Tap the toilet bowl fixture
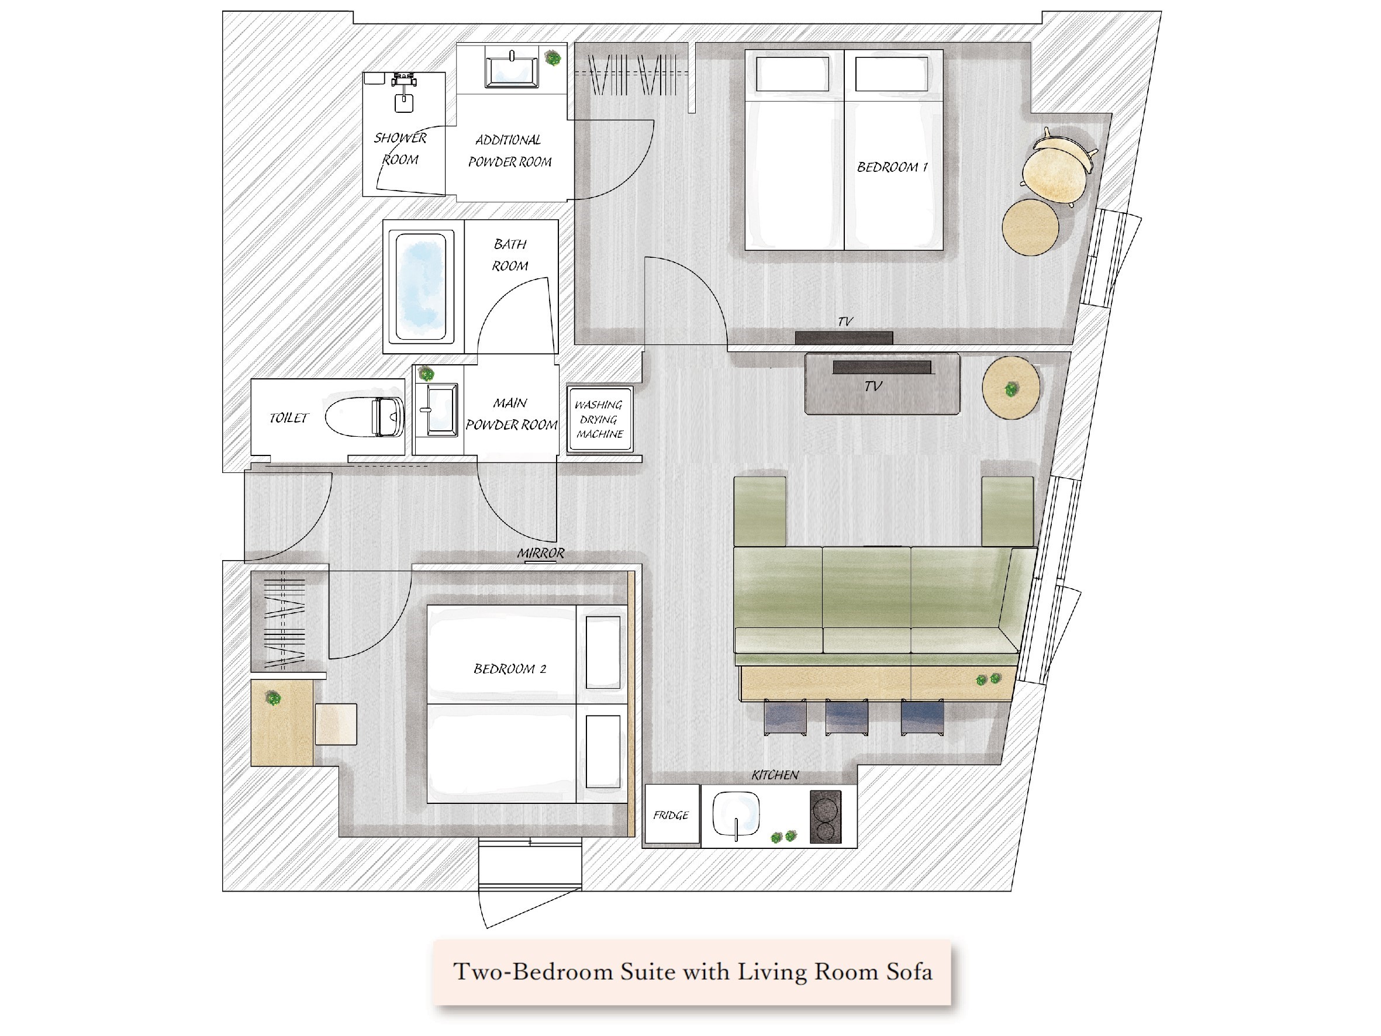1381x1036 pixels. pos(365,416)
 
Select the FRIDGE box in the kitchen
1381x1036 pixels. pos(671,815)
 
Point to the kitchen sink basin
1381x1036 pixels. pos(736,814)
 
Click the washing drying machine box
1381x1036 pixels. pos(600,419)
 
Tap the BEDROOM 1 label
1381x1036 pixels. pos(892,167)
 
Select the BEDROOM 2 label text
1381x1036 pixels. pos(509,669)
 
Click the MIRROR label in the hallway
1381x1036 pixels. pos(540,553)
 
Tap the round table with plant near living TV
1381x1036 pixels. pos(1010,388)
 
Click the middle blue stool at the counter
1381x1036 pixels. pos(846,717)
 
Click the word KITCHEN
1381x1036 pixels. pos(775,775)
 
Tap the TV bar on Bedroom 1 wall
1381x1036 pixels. pos(844,338)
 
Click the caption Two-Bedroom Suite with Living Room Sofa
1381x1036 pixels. pos(692,972)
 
